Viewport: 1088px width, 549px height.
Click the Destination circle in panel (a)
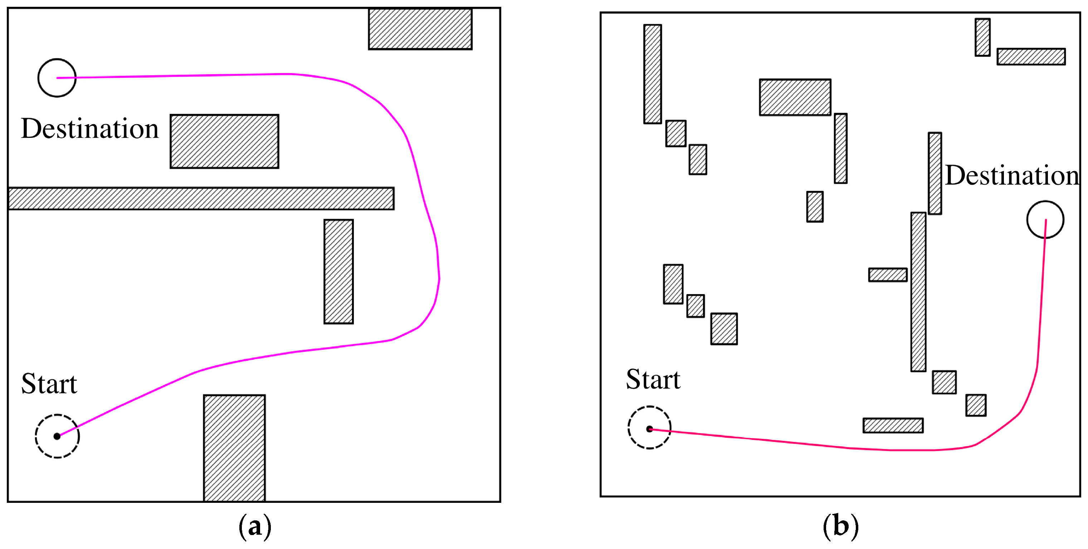[x=57, y=78]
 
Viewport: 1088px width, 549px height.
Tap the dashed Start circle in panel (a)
[x=57, y=436]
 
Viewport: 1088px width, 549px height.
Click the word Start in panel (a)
[x=49, y=384]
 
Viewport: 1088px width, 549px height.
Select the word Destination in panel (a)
[x=90, y=128]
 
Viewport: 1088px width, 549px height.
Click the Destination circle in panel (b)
[x=1045, y=219]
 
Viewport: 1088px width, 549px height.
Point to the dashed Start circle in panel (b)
[x=649, y=428]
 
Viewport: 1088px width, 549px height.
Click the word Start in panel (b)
[x=653, y=379]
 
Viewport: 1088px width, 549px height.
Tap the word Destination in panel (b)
[x=1011, y=175]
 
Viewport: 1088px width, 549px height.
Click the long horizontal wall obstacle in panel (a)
[x=201, y=199]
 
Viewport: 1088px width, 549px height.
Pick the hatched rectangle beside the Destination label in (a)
[x=224, y=141]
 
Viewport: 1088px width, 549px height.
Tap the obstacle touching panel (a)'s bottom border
[x=234, y=448]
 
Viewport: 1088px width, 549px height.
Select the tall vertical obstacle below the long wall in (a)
[x=338, y=271]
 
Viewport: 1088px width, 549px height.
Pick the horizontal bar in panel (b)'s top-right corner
[x=1031, y=57]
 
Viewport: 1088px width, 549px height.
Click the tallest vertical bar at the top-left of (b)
[x=653, y=74]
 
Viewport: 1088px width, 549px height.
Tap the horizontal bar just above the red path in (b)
[x=893, y=425]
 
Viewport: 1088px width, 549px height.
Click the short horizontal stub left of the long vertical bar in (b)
[x=888, y=275]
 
